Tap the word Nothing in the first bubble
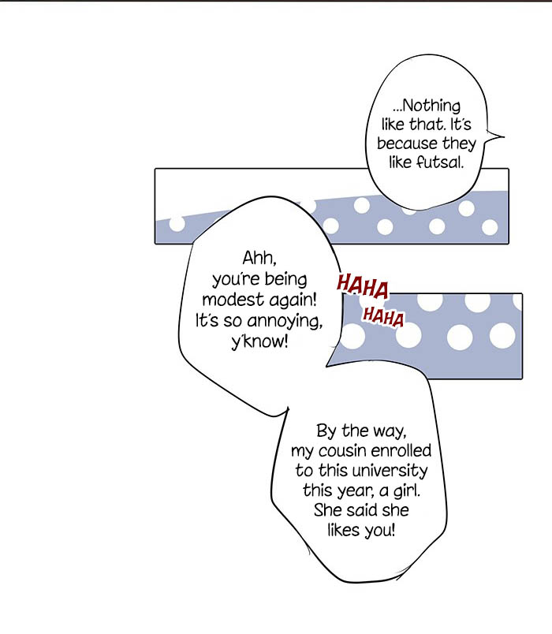coord(431,106)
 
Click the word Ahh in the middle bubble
coord(259,258)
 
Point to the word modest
coord(233,300)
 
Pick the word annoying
coord(285,322)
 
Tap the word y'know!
coord(259,342)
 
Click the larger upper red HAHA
coord(362,286)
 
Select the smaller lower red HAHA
coord(383,316)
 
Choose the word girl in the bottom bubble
coord(406,490)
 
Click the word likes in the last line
coord(344,530)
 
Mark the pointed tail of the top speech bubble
coord(504,136)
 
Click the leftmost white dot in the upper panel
coord(177,224)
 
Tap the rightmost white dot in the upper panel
coord(490,227)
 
